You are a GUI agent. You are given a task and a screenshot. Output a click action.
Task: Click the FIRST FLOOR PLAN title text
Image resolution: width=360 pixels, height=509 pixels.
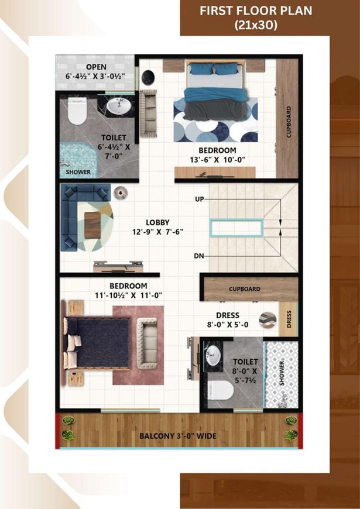[x=256, y=11]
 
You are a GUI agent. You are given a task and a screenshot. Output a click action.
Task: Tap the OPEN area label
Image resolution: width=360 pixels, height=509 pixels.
[x=96, y=67]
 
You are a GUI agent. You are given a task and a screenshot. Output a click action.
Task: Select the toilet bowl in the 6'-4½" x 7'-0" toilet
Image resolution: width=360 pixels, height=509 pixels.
[x=77, y=111]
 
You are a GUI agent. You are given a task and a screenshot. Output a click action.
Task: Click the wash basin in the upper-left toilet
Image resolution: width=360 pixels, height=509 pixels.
[x=119, y=106]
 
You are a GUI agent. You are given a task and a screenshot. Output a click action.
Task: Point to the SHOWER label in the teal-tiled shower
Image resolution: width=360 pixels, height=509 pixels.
[x=78, y=172]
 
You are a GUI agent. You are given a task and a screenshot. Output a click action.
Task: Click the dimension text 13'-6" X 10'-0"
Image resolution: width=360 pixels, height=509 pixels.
[x=217, y=160]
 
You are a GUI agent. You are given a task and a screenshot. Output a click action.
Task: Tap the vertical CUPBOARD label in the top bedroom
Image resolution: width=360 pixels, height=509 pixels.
[x=289, y=122]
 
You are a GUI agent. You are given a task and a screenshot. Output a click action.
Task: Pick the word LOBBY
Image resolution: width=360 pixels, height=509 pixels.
[x=157, y=222]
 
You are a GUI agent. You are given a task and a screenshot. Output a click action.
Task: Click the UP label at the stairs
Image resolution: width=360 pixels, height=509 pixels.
[x=200, y=199]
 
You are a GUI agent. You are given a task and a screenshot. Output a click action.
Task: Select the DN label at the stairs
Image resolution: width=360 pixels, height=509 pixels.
[x=199, y=256]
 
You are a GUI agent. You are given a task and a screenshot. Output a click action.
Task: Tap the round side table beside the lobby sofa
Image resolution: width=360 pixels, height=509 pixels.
[x=121, y=193]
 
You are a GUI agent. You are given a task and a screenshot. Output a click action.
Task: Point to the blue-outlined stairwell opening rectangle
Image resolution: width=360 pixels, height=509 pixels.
[x=236, y=227]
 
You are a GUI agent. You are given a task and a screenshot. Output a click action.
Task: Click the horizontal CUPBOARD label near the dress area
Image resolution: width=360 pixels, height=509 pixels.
[x=245, y=289]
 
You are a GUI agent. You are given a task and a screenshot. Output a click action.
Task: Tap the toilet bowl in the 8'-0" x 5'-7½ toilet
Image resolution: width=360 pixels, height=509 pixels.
[x=221, y=390]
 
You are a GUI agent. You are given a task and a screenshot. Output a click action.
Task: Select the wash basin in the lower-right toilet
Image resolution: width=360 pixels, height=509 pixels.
[x=213, y=355]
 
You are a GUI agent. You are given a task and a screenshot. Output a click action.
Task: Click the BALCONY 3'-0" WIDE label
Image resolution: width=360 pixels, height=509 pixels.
[x=178, y=436]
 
